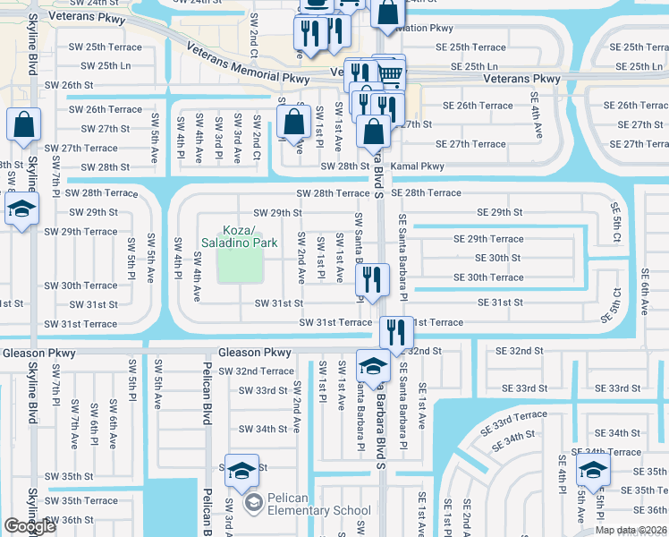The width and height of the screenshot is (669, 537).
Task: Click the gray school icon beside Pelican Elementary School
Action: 252,504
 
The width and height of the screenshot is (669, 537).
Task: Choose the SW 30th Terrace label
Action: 81,286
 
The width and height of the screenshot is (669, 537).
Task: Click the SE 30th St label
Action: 499,258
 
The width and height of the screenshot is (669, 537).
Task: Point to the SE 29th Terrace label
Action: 488,239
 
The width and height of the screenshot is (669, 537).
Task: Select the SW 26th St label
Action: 69,85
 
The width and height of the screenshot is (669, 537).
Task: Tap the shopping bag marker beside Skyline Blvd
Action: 23,125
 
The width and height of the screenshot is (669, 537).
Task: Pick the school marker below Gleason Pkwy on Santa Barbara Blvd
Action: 373,365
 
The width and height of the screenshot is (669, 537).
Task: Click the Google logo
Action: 30,526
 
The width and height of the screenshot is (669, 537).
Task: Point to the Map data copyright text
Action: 631,530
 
